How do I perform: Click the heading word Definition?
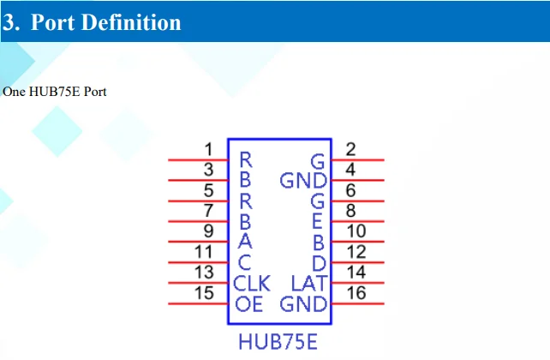131,22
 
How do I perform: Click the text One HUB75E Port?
54,91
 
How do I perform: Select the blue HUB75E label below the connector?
278,342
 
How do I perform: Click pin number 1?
208,149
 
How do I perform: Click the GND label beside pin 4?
303,181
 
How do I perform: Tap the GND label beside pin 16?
303,304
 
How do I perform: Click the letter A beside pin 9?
244,243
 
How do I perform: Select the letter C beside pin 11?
244,263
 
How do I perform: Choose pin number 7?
208,211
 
